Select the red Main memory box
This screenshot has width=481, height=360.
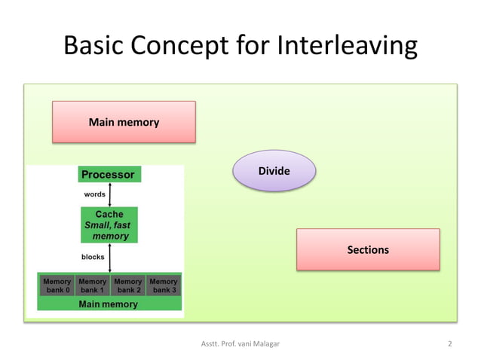124,122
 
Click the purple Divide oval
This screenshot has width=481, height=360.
274,171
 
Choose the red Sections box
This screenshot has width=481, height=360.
367,249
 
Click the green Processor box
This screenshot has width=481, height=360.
109,175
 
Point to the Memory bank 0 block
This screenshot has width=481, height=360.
57,285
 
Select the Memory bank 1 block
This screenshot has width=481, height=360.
92,285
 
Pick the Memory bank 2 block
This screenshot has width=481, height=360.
127,285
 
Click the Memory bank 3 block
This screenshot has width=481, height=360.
163,285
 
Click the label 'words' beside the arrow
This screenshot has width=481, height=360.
94,194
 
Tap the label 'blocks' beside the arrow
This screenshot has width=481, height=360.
93,257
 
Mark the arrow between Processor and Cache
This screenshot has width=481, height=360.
110,194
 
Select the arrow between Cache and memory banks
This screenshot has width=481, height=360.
110,257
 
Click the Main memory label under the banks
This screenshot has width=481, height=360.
109,304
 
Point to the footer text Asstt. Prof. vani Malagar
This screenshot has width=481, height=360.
240,344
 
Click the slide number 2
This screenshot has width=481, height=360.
449,344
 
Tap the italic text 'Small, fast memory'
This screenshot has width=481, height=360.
109,230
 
